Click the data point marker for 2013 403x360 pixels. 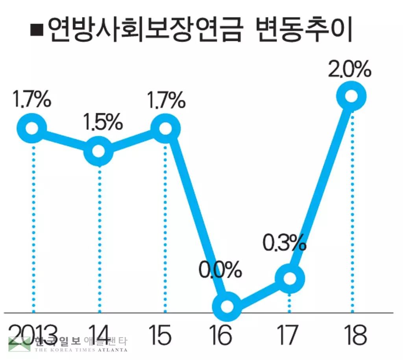pos(32,128)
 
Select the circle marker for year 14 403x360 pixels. pos(98,151)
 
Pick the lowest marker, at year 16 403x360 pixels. pos(226,306)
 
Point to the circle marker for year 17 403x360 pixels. pos(289,278)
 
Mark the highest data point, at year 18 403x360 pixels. pos(351,96)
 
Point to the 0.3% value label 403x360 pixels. pos(284,244)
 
